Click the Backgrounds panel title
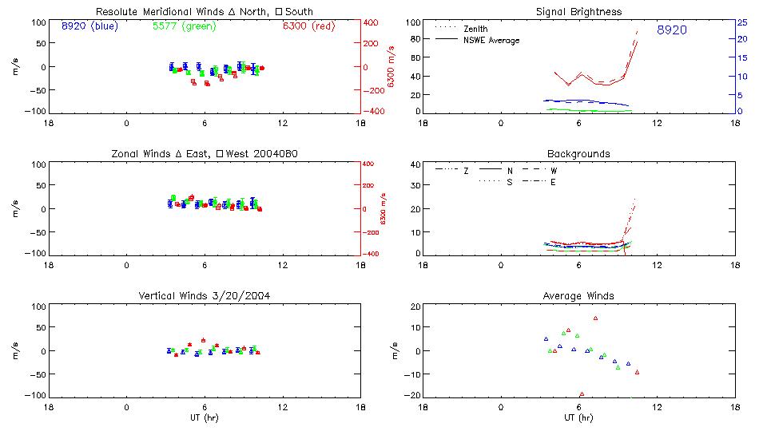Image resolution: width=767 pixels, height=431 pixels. point(578,153)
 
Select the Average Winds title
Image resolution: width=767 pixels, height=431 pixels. point(578,296)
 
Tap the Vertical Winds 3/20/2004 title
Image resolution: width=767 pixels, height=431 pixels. point(205,296)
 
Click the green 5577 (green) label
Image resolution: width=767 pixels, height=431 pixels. point(183,26)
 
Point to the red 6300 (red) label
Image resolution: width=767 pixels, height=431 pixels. point(309,26)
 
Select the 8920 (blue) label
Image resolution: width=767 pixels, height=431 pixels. point(89,26)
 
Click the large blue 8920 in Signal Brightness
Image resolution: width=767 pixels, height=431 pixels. point(672,30)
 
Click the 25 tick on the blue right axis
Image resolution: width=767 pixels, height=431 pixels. point(742,22)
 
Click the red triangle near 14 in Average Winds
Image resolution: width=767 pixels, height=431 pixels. point(595,318)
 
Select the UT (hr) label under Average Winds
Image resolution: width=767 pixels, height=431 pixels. point(578,417)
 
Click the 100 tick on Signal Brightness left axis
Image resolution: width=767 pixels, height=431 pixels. point(413,22)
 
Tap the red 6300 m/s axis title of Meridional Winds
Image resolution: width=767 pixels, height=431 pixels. point(391,67)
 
